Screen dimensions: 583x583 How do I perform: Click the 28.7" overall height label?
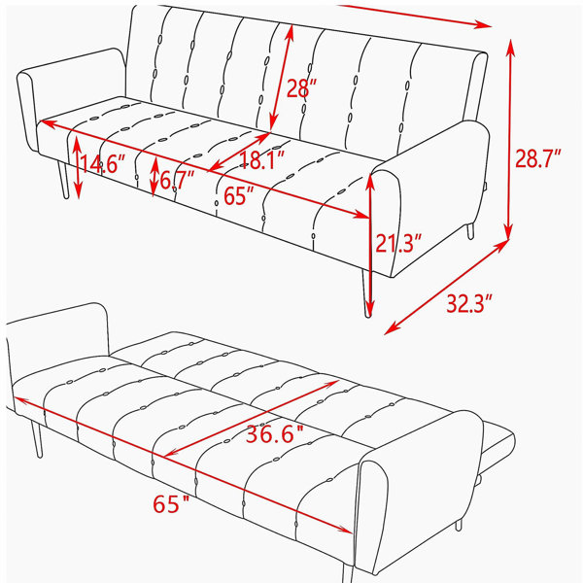point(537,158)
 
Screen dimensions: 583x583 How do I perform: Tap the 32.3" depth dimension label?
point(469,303)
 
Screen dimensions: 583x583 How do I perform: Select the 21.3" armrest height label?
point(398,243)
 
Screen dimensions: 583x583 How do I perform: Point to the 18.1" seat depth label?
point(262,160)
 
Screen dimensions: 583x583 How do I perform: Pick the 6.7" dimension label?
point(177,180)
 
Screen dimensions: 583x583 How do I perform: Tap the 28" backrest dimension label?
point(301,88)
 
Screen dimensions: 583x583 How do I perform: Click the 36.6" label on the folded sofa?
point(275,433)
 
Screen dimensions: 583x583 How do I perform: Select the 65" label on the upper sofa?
point(239,195)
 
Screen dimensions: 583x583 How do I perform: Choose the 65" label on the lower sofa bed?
point(171,503)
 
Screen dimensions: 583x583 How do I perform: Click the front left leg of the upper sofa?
point(62,180)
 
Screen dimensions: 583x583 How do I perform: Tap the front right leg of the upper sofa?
point(366,293)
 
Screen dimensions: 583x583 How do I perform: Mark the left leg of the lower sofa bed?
point(37,439)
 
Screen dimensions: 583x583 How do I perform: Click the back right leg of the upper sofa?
point(470,230)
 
